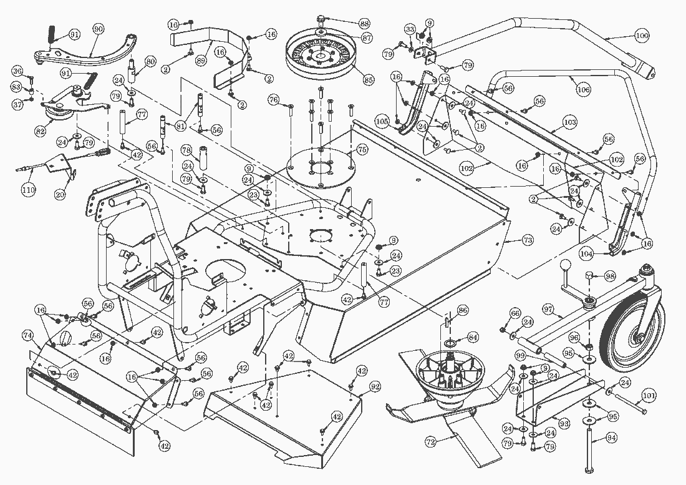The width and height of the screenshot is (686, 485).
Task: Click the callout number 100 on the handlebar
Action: pos(641,36)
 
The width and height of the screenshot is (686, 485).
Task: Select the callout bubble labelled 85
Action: pos(369,80)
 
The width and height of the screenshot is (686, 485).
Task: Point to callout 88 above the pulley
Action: pos(364,23)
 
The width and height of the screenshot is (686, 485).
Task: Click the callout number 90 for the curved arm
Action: pos(99,29)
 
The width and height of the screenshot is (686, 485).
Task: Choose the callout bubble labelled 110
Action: pos(27,190)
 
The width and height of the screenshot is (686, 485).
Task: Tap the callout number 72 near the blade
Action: pos(430,441)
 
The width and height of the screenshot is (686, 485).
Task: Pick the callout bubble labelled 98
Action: pos(609,276)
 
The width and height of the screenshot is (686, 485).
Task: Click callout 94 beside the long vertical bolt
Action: pos(611,438)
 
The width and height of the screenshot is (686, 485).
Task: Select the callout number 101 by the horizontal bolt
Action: pos(649,394)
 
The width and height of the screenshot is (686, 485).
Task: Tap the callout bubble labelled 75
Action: pos(362,149)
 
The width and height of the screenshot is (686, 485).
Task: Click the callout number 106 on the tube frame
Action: pos(583,90)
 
